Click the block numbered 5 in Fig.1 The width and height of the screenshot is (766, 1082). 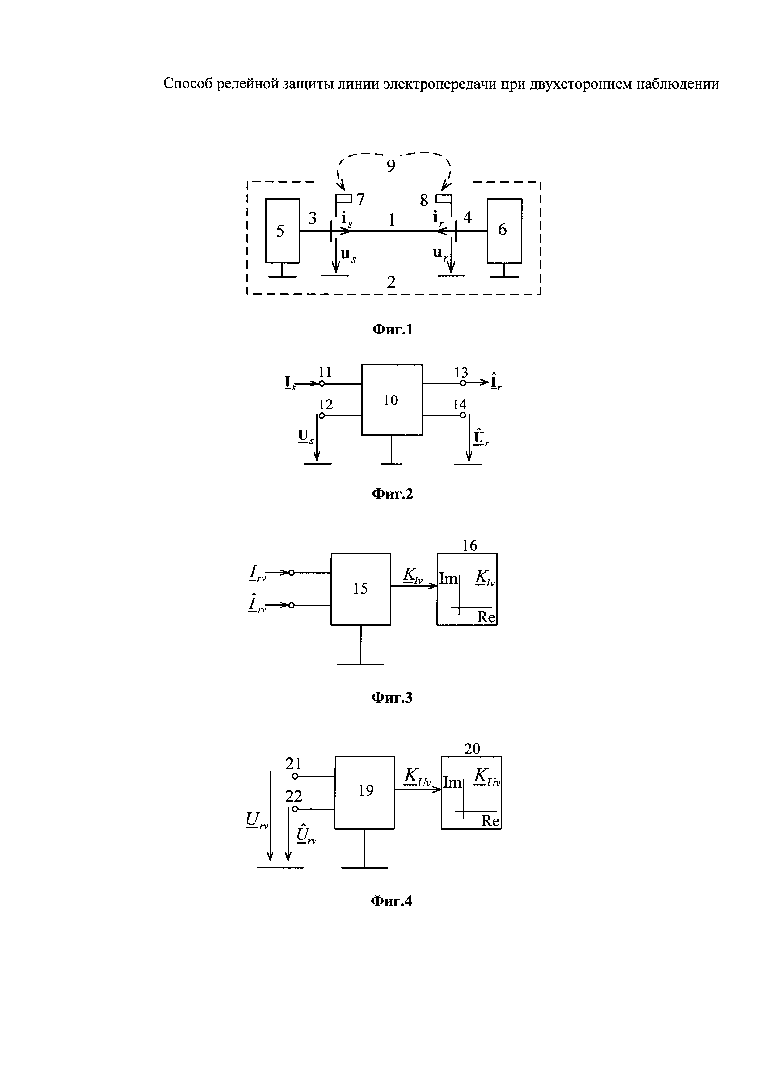282,230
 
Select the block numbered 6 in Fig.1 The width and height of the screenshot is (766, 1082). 504,230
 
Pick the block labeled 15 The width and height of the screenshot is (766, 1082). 360,589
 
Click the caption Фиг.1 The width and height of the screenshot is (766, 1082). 393,330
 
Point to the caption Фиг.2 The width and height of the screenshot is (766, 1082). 393,494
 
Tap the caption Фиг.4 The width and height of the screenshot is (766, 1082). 391,901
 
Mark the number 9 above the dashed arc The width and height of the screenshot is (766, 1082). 391,166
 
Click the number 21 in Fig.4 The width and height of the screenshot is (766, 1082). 293,763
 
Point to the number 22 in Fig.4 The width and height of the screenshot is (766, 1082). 293,796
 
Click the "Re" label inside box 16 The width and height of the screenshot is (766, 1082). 486,617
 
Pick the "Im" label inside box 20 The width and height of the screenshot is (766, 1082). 452,783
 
